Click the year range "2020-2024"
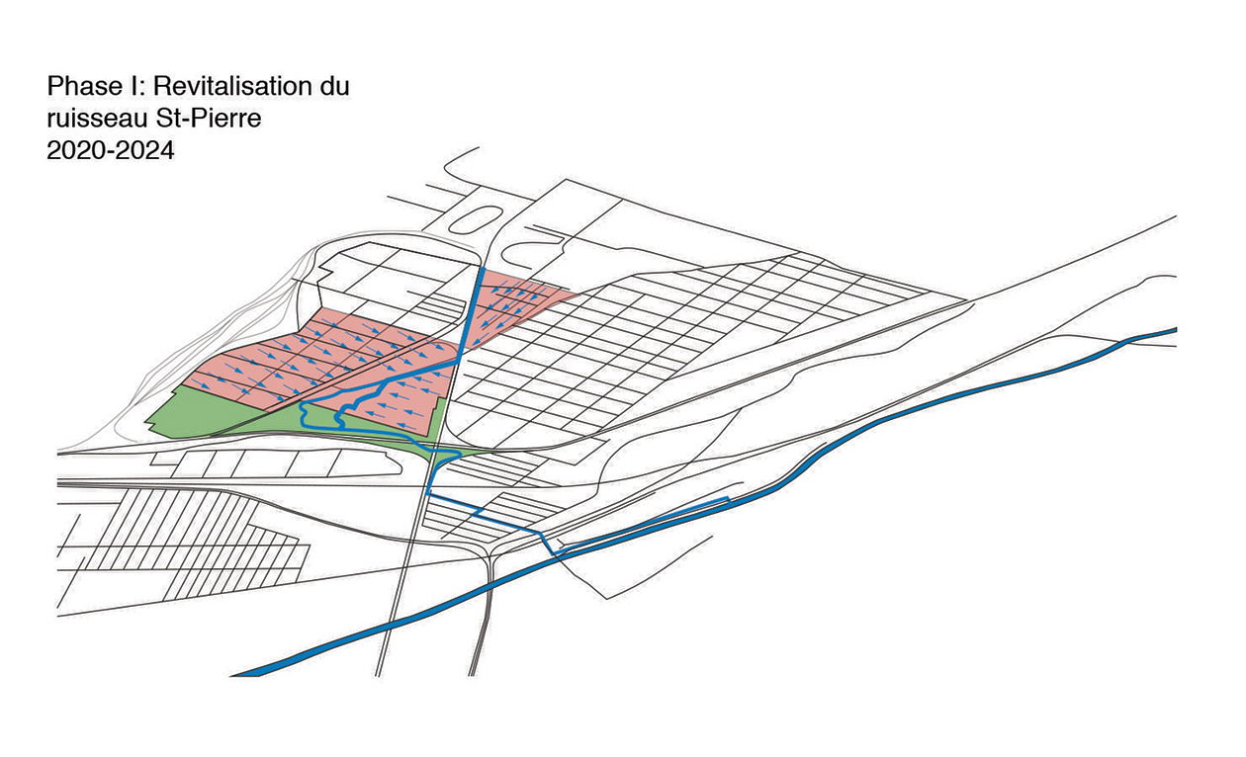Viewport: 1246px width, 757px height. (x=110, y=150)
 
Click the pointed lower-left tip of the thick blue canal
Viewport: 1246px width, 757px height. (x=231, y=675)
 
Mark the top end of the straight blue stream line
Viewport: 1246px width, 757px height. (x=483, y=270)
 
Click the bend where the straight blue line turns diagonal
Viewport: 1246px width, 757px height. (x=458, y=362)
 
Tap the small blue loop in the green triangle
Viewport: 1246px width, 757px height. (x=445, y=457)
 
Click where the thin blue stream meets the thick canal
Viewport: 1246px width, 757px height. (x=555, y=553)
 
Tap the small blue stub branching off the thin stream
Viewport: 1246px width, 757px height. (x=478, y=512)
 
